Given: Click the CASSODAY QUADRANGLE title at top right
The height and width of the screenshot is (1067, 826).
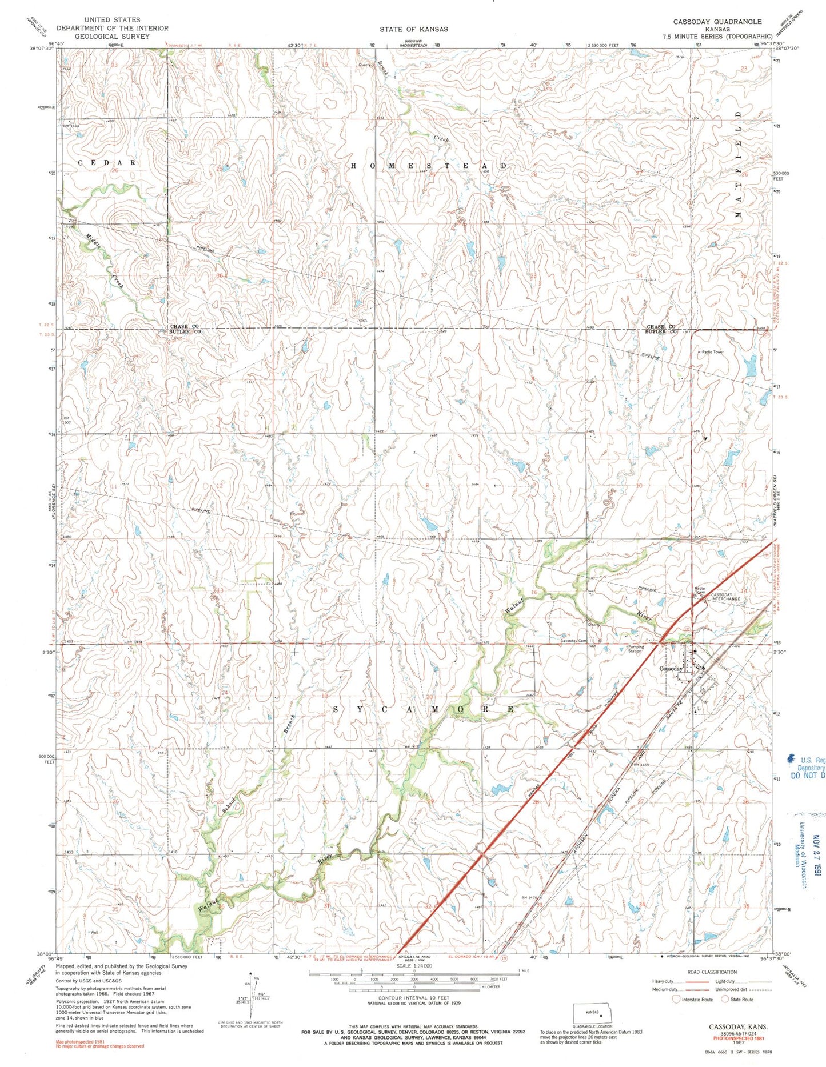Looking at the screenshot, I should pyautogui.click(x=717, y=21).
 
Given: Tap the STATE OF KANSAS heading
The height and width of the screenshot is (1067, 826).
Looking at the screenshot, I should pyautogui.click(x=413, y=29).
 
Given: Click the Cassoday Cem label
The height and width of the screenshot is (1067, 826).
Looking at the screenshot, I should pyautogui.click(x=573, y=641).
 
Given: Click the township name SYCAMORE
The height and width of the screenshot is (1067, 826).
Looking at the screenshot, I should pyautogui.click(x=423, y=709).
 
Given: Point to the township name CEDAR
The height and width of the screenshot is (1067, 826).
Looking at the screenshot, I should pyautogui.click(x=107, y=163).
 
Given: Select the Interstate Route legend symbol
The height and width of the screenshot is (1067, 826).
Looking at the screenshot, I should pyautogui.click(x=677, y=999).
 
